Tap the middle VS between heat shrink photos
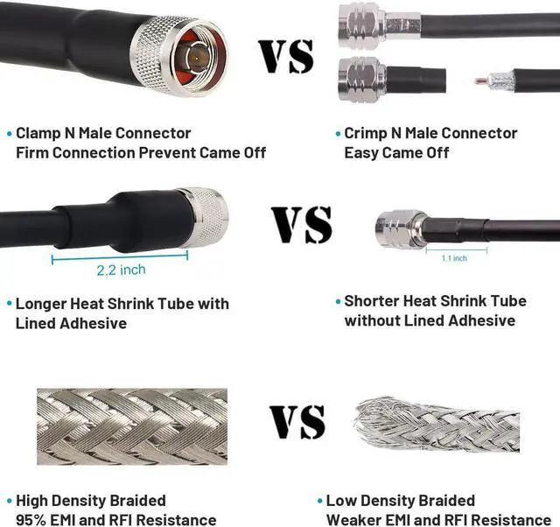coord(300,225)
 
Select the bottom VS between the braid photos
coord(297,421)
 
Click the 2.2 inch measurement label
coord(121,270)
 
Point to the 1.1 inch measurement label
coord(453,258)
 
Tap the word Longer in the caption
coord(44,304)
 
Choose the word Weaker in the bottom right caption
coord(352,520)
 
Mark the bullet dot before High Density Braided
coord(9,501)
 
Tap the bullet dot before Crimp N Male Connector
coord(338,134)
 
